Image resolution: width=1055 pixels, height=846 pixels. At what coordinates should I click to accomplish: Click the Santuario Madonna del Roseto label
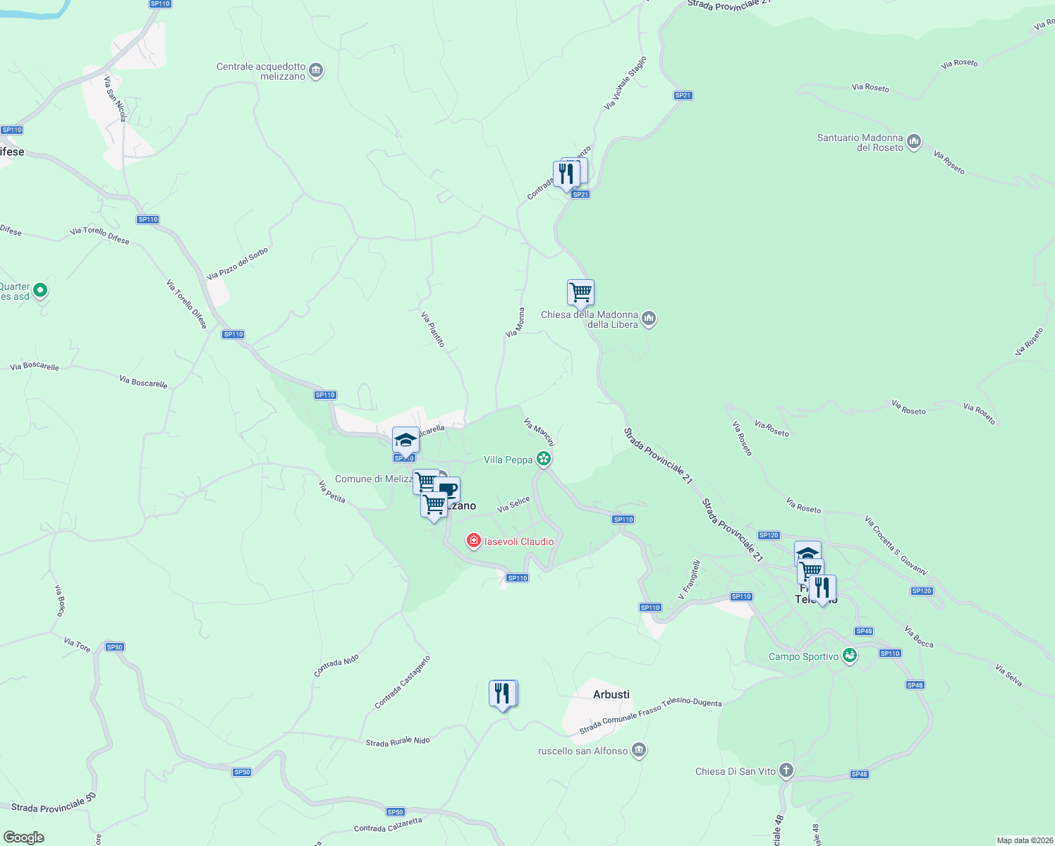(x=860, y=142)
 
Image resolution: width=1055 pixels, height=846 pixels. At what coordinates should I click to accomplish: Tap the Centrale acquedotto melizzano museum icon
(x=317, y=70)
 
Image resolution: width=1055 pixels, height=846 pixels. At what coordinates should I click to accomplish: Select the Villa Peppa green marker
(x=544, y=460)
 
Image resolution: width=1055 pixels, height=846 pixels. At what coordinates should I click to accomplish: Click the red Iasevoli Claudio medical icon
(x=474, y=541)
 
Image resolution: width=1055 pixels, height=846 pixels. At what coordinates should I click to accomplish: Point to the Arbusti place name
(x=611, y=694)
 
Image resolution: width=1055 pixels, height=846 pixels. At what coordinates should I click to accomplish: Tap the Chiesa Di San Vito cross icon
(x=786, y=771)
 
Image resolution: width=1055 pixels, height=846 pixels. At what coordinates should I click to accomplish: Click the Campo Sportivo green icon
(x=850, y=656)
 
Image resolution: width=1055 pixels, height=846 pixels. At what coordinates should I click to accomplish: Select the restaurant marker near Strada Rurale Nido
(x=502, y=694)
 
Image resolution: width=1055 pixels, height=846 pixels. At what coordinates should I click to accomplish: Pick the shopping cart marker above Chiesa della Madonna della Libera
(x=580, y=292)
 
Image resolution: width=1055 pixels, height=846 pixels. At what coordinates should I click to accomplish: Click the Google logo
(x=24, y=838)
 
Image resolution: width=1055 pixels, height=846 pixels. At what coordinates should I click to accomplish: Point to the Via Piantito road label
(x=432, y=329)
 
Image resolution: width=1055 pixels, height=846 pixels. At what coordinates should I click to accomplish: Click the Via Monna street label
(x=515, y=322)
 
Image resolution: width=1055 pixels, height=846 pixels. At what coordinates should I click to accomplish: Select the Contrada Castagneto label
(x=402, y=682)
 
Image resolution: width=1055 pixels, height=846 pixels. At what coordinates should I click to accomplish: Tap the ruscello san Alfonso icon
(x=639, y=750)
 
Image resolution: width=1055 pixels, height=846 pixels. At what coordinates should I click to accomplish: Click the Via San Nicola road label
(x=116, y=99)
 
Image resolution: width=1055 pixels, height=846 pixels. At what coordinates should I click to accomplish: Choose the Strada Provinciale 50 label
(x=54, y=803)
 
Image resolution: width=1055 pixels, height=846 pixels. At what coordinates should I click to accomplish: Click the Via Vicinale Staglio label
(x=625, y=83)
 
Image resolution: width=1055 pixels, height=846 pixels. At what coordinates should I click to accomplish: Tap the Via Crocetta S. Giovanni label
(x=896, y=545)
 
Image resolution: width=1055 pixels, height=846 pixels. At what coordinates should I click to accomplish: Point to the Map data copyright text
(x=1025, y=840)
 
